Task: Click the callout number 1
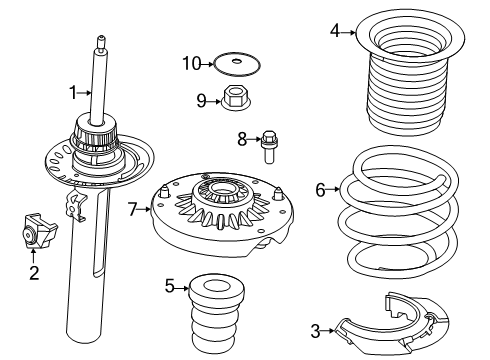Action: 73,93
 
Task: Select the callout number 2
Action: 34,272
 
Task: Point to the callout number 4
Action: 337,32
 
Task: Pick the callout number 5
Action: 169,287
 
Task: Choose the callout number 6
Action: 321,189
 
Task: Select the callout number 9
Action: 200,100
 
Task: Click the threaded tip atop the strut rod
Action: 100,43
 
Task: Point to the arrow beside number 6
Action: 336,189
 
